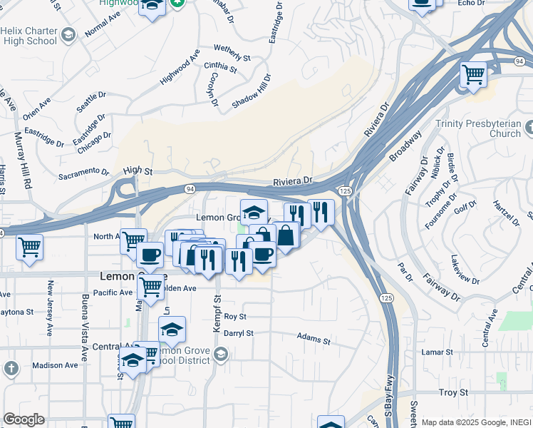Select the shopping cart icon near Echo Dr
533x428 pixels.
click(473, 73)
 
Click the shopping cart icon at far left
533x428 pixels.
click(29, 248)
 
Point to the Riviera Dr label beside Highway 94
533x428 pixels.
click(293, 182)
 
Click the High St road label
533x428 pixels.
click(138, 171)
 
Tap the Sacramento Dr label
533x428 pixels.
click(83, 172)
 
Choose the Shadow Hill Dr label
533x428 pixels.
click(252, 91)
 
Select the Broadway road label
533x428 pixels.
click(405, 146)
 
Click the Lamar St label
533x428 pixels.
click(437, 352)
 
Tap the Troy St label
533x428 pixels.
click(452, 392)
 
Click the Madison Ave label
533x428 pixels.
click(55, 365)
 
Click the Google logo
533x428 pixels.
click(24, 419)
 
